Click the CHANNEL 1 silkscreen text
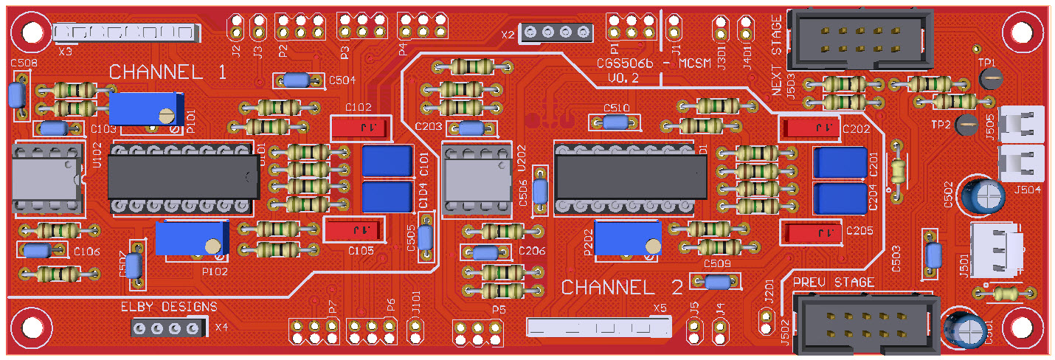click(168, 72)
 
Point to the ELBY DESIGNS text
click(169, 307)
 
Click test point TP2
click(966, 125)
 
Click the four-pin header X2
click(557, 32)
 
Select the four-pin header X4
click(166, 328)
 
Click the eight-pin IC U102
click(46, 179)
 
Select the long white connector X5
click(598, 325)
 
